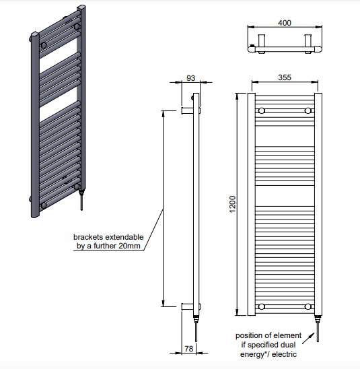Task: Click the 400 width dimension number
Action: click(285, 23)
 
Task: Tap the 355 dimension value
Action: click(285, 77)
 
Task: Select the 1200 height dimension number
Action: click(232, 204)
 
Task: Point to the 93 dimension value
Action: click(190, 78)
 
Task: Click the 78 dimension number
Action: click(189, 349)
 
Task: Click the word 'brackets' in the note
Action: click(88, 237)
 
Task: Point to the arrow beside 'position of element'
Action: click(308, 338)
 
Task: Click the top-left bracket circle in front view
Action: click(262, 110)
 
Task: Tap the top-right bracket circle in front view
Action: click(308, 110)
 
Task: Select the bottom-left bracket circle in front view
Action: click(262, 306)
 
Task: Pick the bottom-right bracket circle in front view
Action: click(308, 306)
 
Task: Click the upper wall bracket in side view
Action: click(188, 110)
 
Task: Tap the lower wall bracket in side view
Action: click(188, 306)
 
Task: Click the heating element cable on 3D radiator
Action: click(81, 203)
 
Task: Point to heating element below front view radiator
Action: click(318, 329)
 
